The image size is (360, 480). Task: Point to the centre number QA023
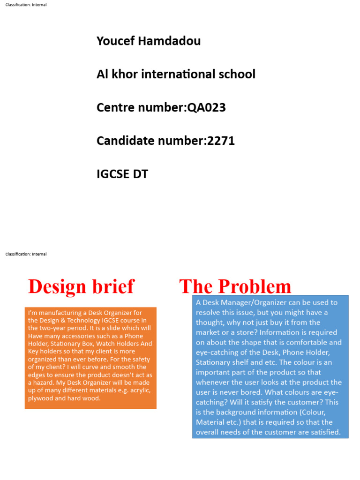(x=207, y=108)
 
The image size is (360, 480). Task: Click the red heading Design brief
(x=81, y=286)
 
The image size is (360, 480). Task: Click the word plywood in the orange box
(x=41, y=398)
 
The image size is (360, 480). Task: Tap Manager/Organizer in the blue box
(x=254, y=303)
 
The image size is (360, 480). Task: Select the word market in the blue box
(x=208, y=332)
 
